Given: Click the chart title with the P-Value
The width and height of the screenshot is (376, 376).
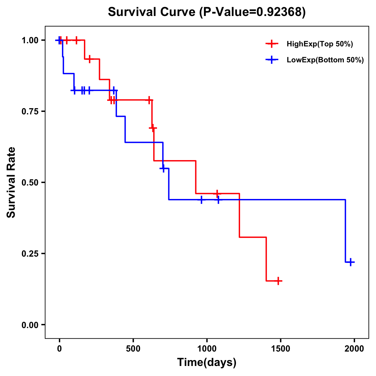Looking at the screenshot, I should [x=206, y=12].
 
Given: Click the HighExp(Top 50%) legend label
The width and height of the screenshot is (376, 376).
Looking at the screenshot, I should [x=320, y=44].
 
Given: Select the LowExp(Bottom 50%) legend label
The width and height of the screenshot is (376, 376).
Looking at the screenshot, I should [x=325, y=60].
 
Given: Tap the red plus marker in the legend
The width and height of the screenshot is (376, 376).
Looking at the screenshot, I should [x=272, y=44].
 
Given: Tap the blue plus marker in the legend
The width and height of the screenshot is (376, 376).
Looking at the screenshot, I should [x=272, y=60].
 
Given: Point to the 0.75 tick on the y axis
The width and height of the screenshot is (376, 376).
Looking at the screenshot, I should [x=29, y=112].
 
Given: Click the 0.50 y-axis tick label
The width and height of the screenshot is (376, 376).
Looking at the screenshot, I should [x=29, y=183].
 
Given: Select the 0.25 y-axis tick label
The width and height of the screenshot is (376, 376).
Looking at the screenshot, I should [x=29, y=253].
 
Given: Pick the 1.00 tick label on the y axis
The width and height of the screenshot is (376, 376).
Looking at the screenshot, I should [x=29, y=40].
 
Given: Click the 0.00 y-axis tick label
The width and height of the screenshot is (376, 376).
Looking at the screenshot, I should [x=29, y=325].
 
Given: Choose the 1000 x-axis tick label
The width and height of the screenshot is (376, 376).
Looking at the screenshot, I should [x=207, y=349].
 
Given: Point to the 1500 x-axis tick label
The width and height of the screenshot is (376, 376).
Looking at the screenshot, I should [x=280, y=349].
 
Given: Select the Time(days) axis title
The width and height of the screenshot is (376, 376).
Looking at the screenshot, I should [x=207, y=363].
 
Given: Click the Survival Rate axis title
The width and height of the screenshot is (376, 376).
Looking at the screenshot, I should [x=11, y=182].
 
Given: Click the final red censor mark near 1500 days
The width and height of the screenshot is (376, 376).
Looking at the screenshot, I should [x=278, y=281].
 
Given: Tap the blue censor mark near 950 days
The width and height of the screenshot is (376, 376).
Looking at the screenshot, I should [x=201, y=200].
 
